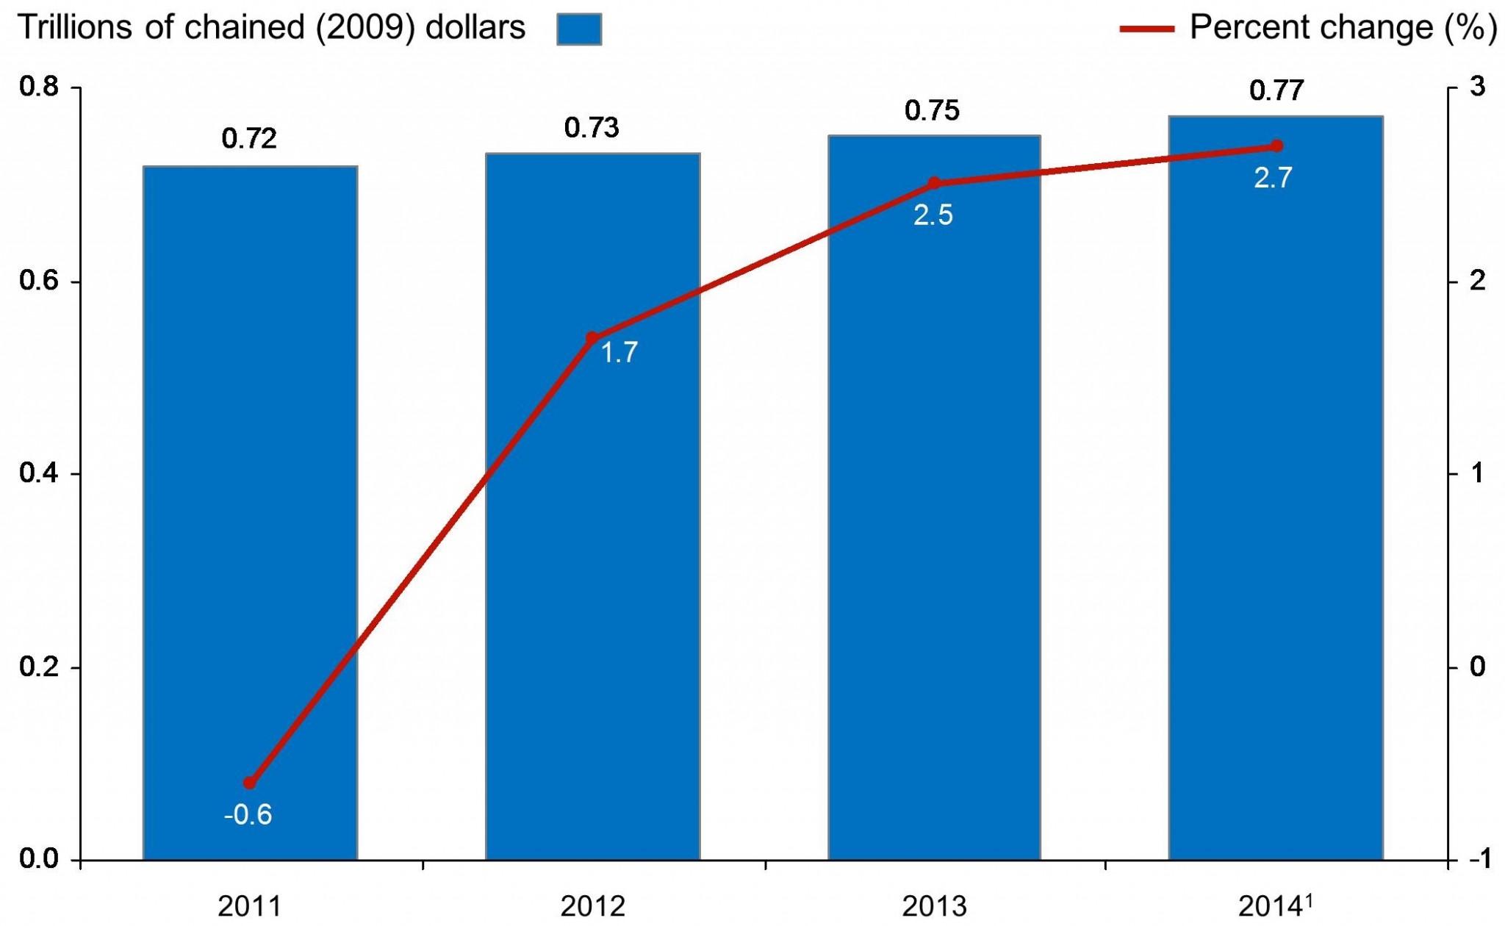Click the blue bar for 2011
click(x=250, y=514)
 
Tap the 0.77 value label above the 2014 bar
click(x=1276, y=90)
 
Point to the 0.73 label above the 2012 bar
click(x=592, y=128)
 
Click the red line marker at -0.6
click(x=250, y=783)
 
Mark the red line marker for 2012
click(x=592, y=339)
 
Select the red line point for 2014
click(x=1276, y=146)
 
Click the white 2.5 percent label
click(x=933, y=215)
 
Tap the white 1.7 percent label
click(x=619, y=353)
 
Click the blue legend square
click(x=579, y=29)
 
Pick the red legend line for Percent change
click(x=1146, y=29)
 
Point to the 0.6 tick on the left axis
click(x=38, y=281)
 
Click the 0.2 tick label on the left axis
click(x=38, y=667)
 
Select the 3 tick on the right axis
click(x=1476, y=87)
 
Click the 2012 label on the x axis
click(x=592, y=907)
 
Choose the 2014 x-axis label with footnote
click(x=1275, y=905)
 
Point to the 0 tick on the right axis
click(x=1476, y=667)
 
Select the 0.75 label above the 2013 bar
click(x=932, y=110)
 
